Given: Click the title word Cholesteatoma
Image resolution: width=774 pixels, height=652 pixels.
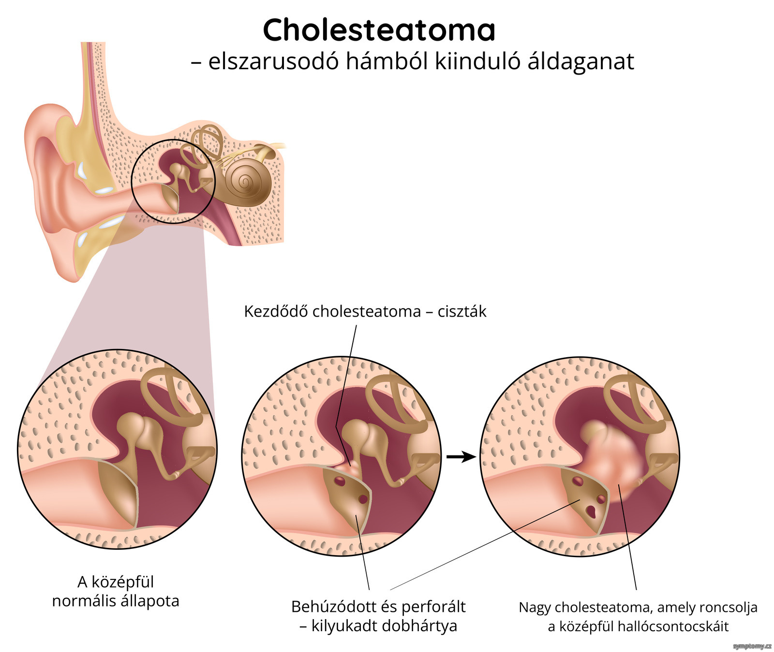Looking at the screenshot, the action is click(x=379, y=30).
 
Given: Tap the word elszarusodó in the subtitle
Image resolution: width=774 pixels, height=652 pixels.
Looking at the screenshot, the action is click(x=273, y=61).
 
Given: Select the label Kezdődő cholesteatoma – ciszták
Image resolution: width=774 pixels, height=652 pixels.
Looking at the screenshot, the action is click(x=365, y=311).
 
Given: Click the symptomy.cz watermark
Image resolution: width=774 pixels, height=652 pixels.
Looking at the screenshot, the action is click(x=752, y=646).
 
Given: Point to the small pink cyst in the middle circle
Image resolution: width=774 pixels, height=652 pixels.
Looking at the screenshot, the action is click(x=351, y=467).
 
